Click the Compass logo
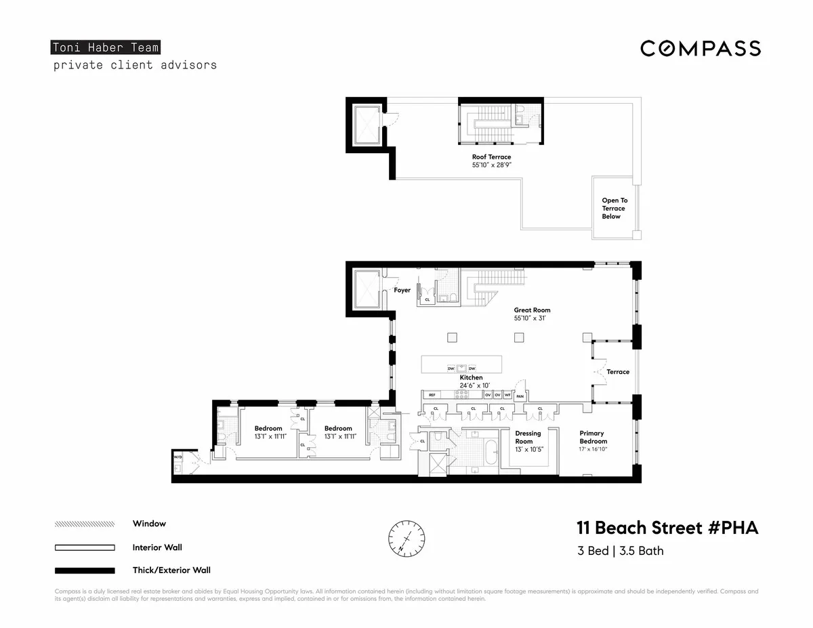[701, 48]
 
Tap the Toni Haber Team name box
[105, 47]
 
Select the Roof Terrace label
[491, 157]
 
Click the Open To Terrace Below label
[614, 208]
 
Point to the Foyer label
[402, 290]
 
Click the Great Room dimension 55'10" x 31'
[532, 318]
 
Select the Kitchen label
[472, 377]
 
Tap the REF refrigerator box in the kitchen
[432, 394]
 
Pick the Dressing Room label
[528, 437]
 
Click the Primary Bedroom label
[591, 437]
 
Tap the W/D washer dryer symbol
[178, 458]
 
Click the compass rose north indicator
[406, 537]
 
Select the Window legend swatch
[84, 524]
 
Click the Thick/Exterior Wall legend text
[171, 570]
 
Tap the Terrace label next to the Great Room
[617, 372]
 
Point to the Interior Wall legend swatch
[84, 547]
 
